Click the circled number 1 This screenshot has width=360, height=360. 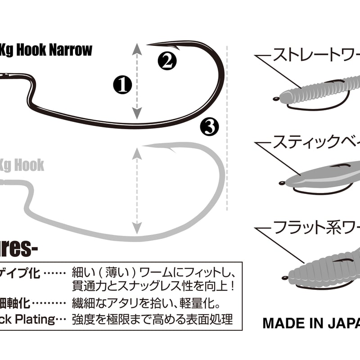click(x=122, y=84)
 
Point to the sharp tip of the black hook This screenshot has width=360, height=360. click(x=149, y=44)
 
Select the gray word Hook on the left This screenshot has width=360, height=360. click(x=30, y=165)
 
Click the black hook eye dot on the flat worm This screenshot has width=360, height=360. click(x=282, y=275)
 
